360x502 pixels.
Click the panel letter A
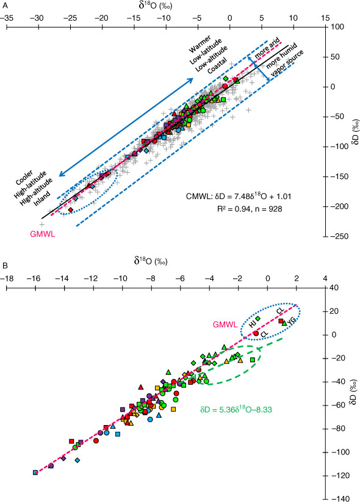[x=5, y=5]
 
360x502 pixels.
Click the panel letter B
[x=5, y=266]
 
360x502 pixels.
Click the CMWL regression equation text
[x=239, y=195]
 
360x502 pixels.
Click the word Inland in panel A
[x=42, y=198]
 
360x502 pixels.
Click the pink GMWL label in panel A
[x=43, y=234]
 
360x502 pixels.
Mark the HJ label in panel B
[x=253, y=324]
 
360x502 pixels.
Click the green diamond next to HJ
[x=258, y=318]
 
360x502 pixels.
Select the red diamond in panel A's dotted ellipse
[x=71, y=209]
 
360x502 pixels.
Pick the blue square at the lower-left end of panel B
[x=35, y=473]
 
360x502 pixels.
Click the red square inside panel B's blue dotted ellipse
[x=281, y=321]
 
